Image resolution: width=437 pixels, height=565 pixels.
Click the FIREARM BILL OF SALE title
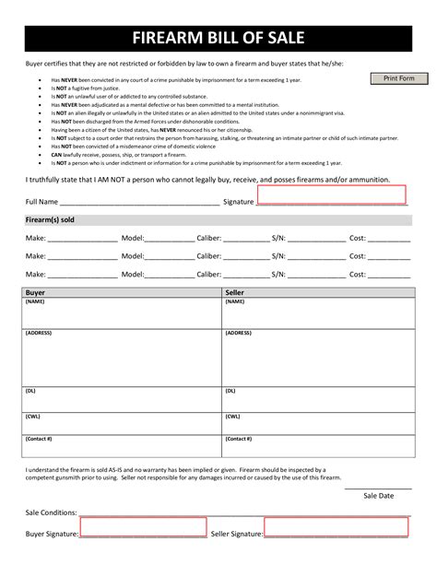click(x=218, y=39)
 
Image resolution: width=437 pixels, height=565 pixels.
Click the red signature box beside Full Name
click(x=331, y=194)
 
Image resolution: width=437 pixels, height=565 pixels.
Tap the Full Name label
click(x=42, y=201)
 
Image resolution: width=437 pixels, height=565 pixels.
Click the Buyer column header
click(x=36, y=292)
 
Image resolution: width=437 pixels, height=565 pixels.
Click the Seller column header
click(x=235, y=292)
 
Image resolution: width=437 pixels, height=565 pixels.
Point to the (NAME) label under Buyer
click(x=35, y=301)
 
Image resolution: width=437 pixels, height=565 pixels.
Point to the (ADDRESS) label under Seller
click(x=239, y=333)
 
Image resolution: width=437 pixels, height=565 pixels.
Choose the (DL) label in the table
click(x=31, y=391)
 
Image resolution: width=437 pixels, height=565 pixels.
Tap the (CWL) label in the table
click(x=33, y=416)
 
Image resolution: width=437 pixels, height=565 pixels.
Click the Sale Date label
click(x=378, y=496)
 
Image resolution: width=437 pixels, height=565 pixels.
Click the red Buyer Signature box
click(x=143, y=527)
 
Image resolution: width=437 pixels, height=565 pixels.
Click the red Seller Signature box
click(x=336, y=527)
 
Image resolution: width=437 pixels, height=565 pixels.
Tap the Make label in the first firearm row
click(x=35, y=238)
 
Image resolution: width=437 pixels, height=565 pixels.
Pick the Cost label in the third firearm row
click(x=358, y=274)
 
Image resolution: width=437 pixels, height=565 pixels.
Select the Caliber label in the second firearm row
click(x=209, y=255)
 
